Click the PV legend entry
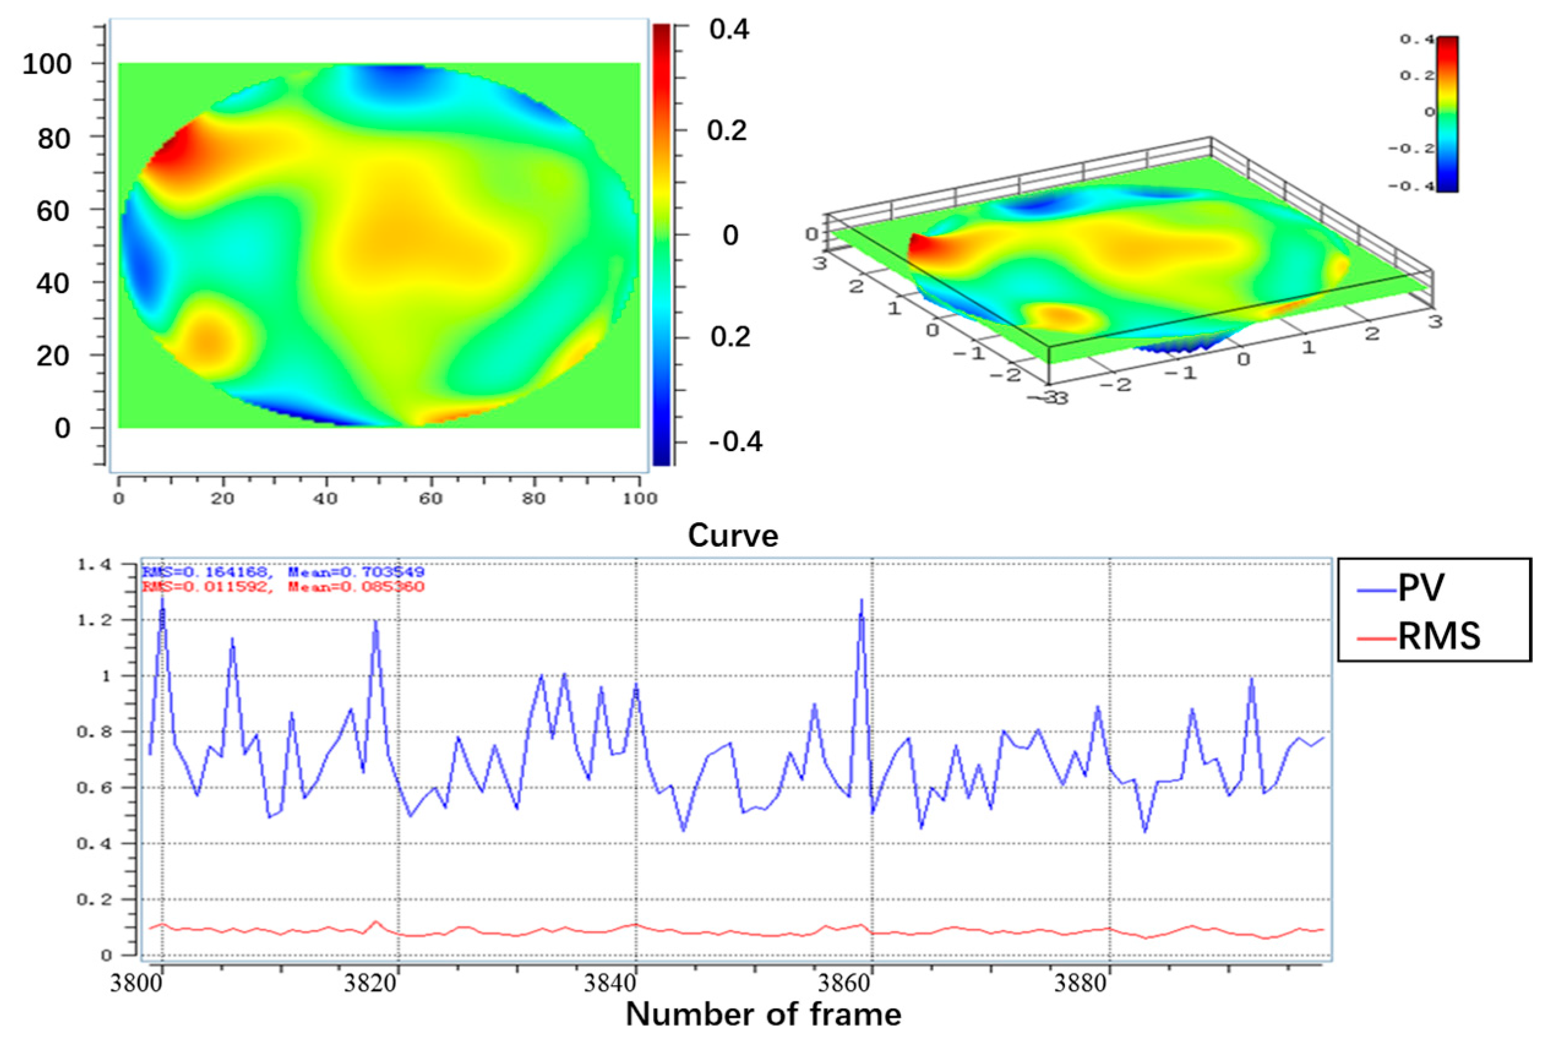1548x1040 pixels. pyautogui.click(x=1420, y=588)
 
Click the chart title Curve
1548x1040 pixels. pyautogui.click(x=732, y=535)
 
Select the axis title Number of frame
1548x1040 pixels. pyautogui.click(x=763, y=1014)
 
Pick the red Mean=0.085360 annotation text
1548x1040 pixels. pyautogui.click(x=356, y=586)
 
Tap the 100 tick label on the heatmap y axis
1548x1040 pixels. pyautogui.click(x=47, y=64)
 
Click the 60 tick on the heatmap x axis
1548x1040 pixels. pyautogui.click(x=430, y=498)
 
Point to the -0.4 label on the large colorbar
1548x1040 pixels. pyautogui.click(x=735, y=442)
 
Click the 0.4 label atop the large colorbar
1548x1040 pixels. pyautogui.click(x=729, y=30)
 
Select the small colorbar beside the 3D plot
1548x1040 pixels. pyautogui.click(x=1447, y=114)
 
